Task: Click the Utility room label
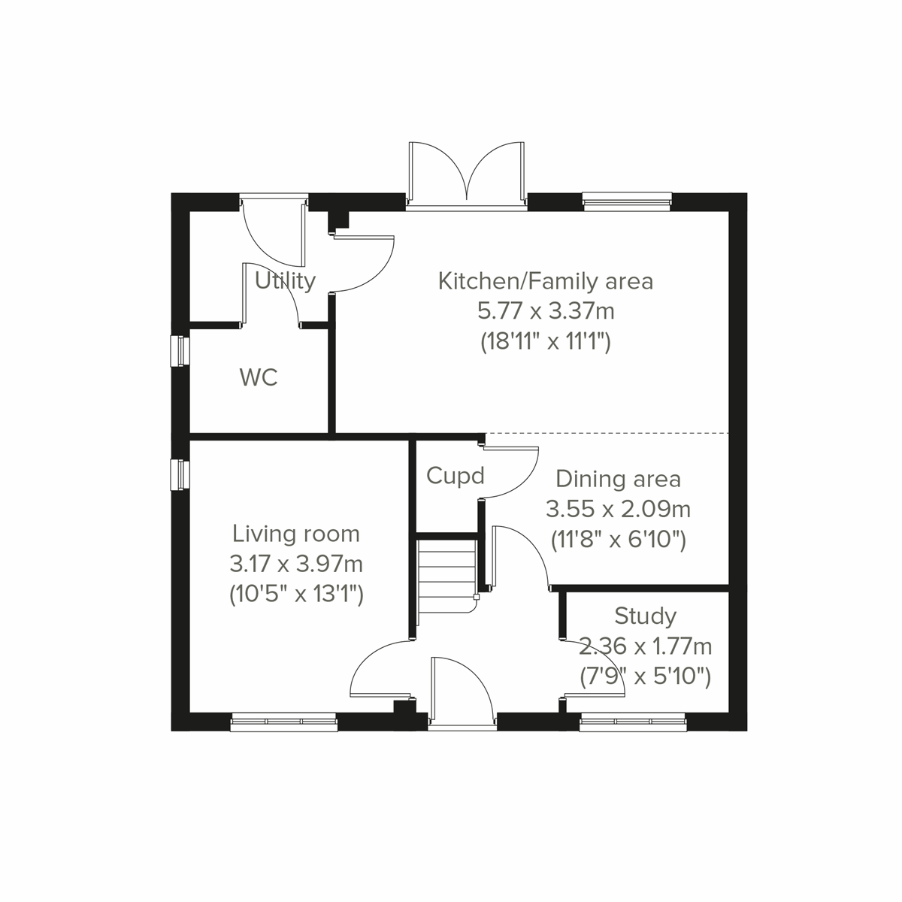pos(285,281)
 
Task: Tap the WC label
pos(259,377)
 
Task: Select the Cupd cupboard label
pos(455,476)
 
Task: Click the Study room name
pos(645,616)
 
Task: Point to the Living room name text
pos(296,534)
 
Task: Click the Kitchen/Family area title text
pos(546,282)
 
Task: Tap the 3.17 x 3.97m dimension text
pos(296,565)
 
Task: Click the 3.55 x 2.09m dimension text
pos(618,510)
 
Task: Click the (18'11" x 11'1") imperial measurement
pos(546,343)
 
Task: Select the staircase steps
pos(447,576)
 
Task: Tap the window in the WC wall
pos(180,351)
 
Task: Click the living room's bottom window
pos(284,722)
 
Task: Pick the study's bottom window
pos(634,722)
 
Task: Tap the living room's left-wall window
pos(180,474)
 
